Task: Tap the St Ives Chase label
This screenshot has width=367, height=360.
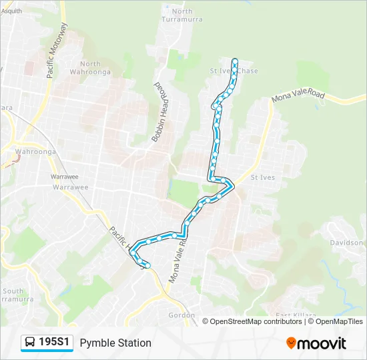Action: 234,71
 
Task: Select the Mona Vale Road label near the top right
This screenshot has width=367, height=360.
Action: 298,97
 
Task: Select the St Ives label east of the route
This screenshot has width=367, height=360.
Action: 262,178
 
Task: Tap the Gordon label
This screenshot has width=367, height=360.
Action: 181,315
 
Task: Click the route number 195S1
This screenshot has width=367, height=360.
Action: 55,343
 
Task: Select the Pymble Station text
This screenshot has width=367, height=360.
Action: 115,343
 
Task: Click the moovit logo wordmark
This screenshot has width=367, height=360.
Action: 322,343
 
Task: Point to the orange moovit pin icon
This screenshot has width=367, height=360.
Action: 291,343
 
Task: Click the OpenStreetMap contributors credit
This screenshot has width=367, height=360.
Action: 255,321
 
